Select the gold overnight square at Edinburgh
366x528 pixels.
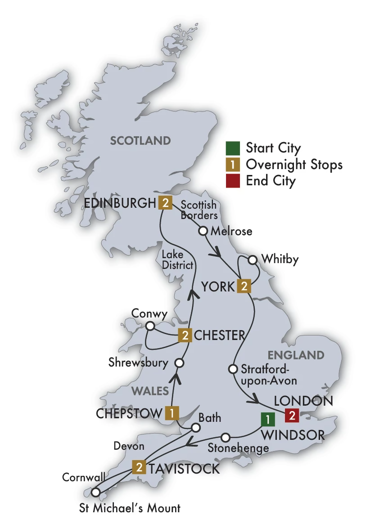(x=165, y=203)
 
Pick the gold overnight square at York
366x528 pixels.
(x=244, y=286)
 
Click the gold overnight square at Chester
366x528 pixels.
(x=185, y=335)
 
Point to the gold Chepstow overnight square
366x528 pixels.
(x=172, y=413)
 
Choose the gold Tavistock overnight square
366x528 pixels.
(x=139, y=468)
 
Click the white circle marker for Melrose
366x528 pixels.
(x=203, y=231)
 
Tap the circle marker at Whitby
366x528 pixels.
(x=253, y=260)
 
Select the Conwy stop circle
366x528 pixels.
(x=150, y=325)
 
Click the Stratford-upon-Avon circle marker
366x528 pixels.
(x=233, y=369)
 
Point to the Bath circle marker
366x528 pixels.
(x=196, y=428)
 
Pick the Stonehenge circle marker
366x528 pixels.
(x=226, y=437)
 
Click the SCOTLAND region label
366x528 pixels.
(x=140, y=141)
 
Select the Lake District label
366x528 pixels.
(x=178, y=261)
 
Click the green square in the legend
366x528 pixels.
(x=232, y=148)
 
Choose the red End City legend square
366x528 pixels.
(x=232, y=181)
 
